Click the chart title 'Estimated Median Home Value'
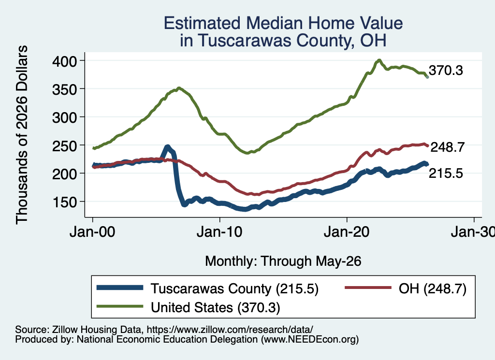[283, 23]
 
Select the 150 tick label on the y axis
[65, 202]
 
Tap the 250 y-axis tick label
[65, 146]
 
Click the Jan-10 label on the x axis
[219, 232]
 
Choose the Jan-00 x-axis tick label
[92, 232]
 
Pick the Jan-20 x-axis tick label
[347, 232]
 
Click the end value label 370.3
[446, 71]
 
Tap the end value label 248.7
[447, 147]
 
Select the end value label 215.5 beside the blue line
[446, 173]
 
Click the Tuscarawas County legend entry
[234, 288]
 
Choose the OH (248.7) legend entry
[432, 288]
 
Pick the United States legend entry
[215, 308]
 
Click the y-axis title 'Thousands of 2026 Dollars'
[22, 135]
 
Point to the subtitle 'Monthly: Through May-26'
[283, 261]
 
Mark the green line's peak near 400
[379, 60]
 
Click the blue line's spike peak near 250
[167, 147]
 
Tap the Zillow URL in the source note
[230, 330]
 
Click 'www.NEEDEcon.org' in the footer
[310, 339]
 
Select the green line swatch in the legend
[120, 306]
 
